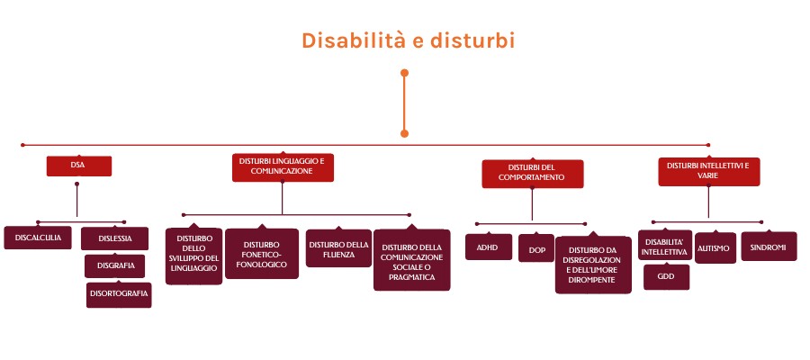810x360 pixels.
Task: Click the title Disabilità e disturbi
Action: (x=408, y=40)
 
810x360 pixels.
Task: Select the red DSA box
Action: (x=79, y=166)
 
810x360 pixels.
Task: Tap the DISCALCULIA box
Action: (x=38, y=238)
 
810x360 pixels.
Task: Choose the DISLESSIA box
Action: (x=114, y=238)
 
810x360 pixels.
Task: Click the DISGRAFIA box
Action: (x=114, y=265)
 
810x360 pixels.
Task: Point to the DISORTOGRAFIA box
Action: (x=119, y=294)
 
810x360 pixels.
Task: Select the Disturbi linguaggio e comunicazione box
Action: (x=283, y=166)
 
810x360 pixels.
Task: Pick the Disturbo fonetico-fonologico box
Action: (x=262, y=254)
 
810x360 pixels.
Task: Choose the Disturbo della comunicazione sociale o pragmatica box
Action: (x=411, y=259)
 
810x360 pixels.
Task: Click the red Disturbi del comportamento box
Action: (x=533, y=174)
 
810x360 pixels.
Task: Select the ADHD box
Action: (x=488, y=247)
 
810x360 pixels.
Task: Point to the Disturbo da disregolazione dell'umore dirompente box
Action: (x=593, y=265)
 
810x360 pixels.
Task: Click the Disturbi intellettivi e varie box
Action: (x=709, y=171)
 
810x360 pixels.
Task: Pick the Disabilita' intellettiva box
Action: (x=665, y=246)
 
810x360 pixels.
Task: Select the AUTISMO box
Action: (x=715, y=247)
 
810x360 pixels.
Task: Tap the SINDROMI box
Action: (x=769, y=247)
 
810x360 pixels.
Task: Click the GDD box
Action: (x=666, y=277)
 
